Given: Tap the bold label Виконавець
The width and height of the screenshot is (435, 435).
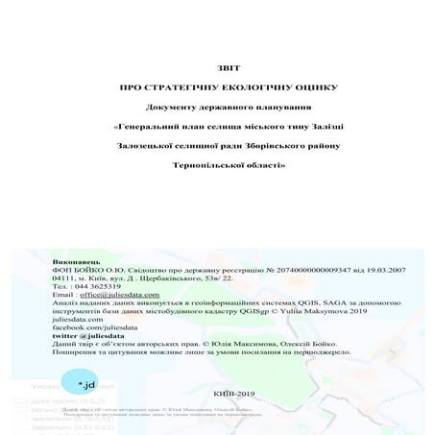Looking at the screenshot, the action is pos(73,259).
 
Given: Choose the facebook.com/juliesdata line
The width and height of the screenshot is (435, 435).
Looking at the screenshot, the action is pos(91,328).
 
